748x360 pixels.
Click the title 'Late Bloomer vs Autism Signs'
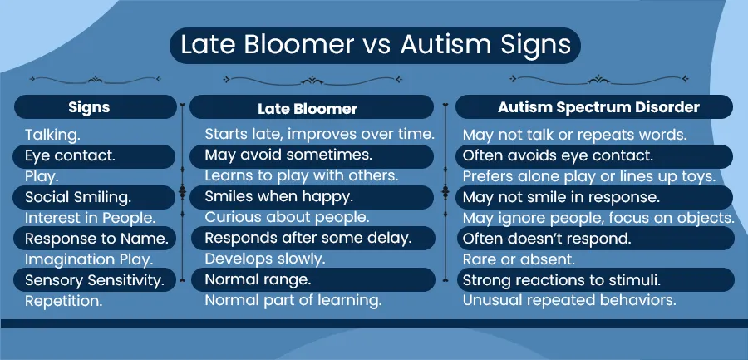tap(376, 46)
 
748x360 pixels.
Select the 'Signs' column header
tap(89, 107)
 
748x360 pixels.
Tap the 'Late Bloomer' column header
tap(308, 108)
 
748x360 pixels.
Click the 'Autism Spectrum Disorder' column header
tap(598, 107)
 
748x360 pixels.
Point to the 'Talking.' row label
tap(52, 136)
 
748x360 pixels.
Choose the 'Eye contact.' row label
tap(70, 156)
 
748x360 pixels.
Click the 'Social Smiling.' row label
tap(78, 197)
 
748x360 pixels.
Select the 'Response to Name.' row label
tap(96, 239)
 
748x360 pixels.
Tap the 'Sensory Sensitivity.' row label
tap(95, 280)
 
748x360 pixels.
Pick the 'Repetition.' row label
tap(63, 301)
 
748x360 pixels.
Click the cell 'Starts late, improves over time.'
tap(320, 134)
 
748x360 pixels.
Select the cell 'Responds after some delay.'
tap(308, 238)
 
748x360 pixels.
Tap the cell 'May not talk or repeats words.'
tap(575, 135)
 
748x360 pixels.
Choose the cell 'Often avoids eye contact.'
tap(558, 155)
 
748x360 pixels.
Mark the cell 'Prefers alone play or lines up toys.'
tap(589, 176)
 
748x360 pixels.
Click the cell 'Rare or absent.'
tap(519, 259)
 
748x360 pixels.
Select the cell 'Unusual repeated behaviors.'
tap(569, 301)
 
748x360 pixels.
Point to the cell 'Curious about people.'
tap(288, 217)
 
